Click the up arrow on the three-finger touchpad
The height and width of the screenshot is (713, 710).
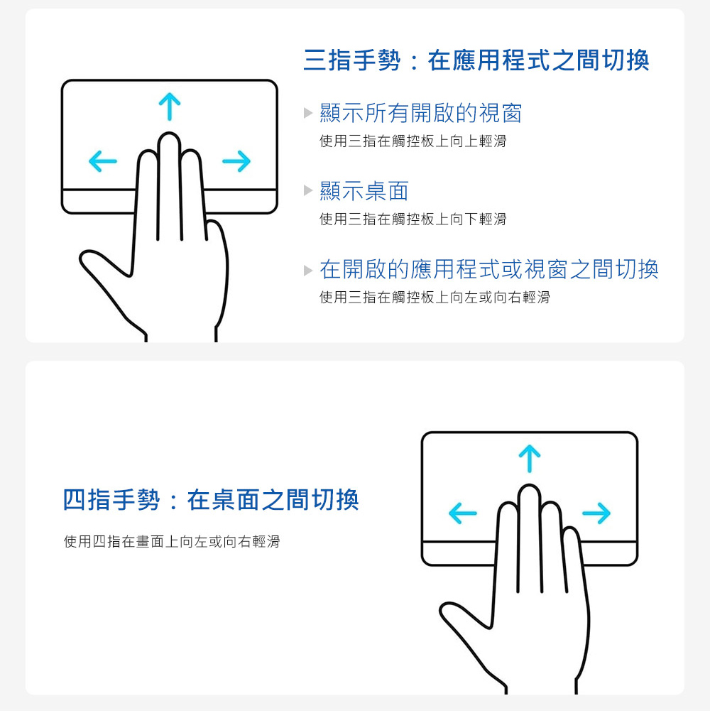(170, 107)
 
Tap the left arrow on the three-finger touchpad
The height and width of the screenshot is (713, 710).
(103, 161)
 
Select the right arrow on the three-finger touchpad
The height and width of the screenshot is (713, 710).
(236, 161)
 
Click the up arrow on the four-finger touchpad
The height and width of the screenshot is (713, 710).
(530, 458)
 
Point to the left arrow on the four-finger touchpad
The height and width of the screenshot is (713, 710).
(463, 513)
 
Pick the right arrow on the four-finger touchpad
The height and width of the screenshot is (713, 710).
(596, 513)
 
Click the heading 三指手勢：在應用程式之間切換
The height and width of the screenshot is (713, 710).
(476, 60)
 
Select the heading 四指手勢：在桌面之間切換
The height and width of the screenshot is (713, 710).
(211, 500)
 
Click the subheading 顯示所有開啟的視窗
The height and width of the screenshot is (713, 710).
(421, 113)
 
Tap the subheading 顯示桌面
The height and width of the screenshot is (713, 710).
(364, 191)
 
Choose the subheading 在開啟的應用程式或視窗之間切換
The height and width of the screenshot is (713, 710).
(489, 269)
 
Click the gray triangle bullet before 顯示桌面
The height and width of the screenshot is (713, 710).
(308, 190)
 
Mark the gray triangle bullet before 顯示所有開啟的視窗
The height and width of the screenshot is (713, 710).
(308, 112)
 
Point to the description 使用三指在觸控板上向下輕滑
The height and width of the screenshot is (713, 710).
(413, 219)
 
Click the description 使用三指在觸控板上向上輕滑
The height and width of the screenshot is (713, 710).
(413, 141)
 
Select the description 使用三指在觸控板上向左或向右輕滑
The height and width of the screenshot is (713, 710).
(435, 298)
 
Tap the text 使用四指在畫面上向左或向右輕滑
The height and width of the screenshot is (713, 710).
(171, 541)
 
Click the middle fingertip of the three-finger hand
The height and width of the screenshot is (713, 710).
(169, 137)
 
